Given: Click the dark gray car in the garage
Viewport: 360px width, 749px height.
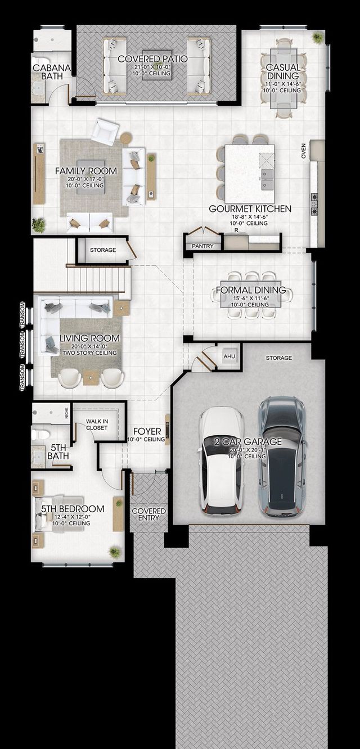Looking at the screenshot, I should point(282,457).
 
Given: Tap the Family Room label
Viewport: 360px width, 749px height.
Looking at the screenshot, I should point(86,171).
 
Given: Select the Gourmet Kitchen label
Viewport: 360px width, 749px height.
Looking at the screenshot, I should point(250,209).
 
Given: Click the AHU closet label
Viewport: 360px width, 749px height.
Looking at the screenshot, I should point(229,357).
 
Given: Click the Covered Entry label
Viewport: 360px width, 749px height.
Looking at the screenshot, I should point(148,515).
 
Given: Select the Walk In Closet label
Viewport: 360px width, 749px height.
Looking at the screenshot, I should point(97,425).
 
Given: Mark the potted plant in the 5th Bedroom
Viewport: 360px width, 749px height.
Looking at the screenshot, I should point(115,551).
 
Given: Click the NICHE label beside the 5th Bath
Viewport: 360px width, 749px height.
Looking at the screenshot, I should point(66,413).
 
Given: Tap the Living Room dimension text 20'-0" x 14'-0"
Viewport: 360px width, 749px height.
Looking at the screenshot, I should point(89,346).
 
